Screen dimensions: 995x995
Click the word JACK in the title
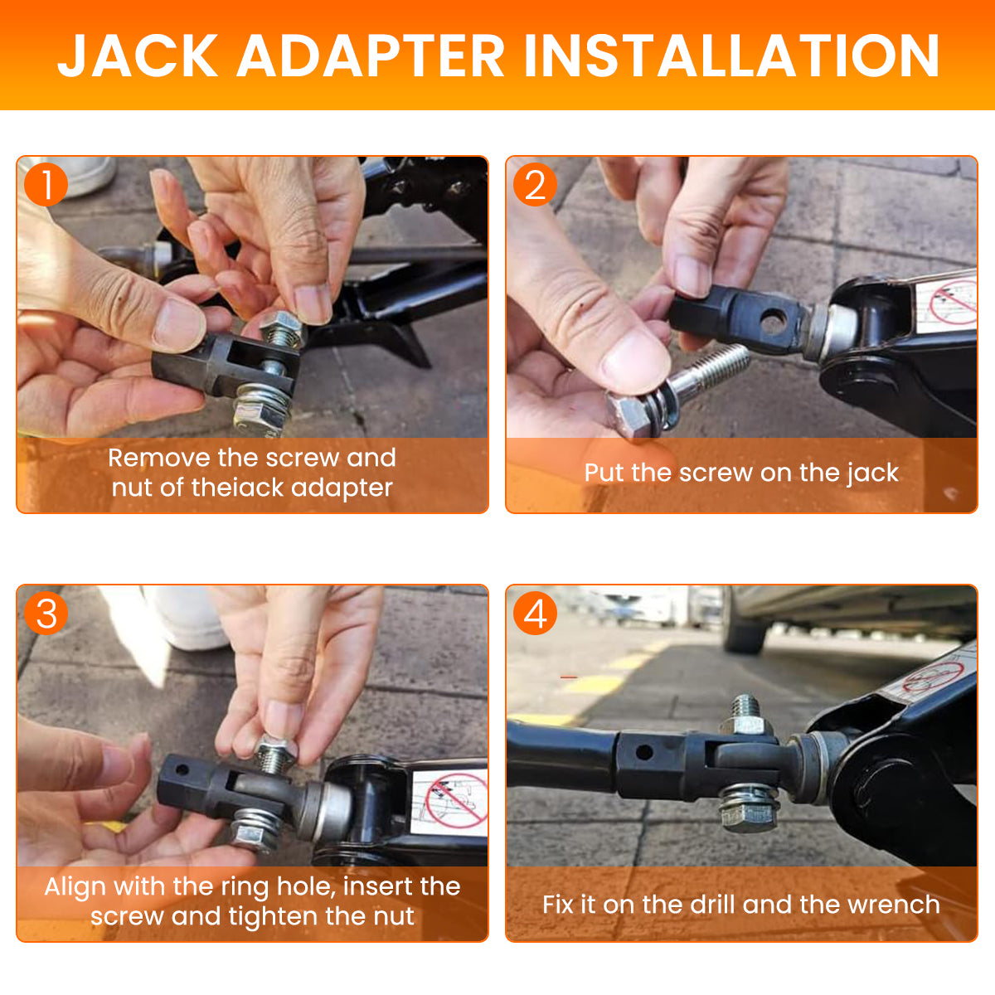pyautogui.click(x=138, y=56)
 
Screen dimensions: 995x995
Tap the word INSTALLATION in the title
pyautogui.click(x=731, y=56)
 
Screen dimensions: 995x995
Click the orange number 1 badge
pyautogui.click(x=46, y=185)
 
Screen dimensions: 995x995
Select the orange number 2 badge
pyautogui.click(x=535, y=185)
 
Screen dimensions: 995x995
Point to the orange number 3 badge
pyautogui.click(x=46, y=614)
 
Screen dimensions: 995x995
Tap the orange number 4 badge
pyautogui.click(x=535, y=614)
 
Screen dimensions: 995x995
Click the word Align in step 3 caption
pyautogui.click(x=75, y=887)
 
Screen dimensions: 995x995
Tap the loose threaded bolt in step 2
pyautogui.click(x=677, y=392)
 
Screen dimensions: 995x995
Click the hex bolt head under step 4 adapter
pyautogui.click(x=747, y=818)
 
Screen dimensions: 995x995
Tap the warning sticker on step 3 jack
pyautogui.click(x=449, y=802)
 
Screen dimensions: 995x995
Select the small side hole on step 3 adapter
pyautogui.click(x=182, y=770)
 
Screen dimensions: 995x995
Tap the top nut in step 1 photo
pyautogui.click(x=280, y=325)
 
